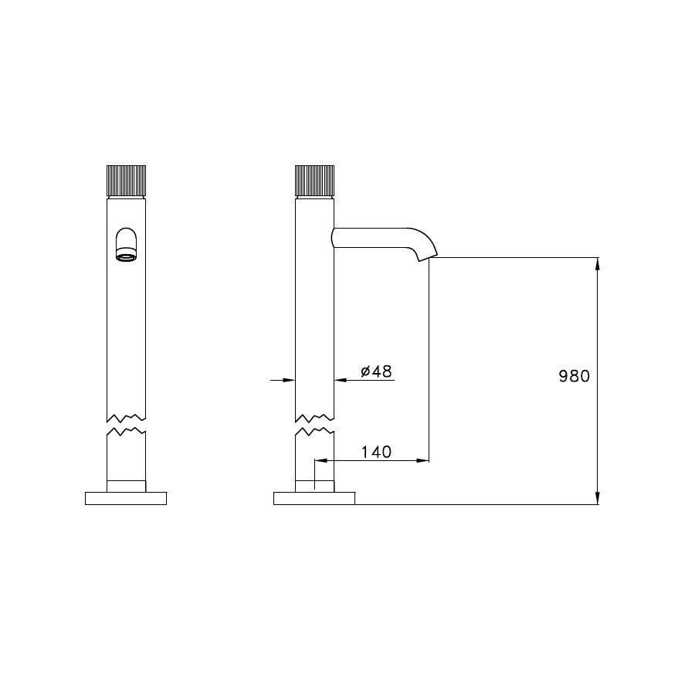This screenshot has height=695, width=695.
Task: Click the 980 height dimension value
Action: [574, 377]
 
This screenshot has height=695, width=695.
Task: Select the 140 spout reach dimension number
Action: [376, 452]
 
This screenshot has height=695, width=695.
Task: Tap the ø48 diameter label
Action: [377, 371]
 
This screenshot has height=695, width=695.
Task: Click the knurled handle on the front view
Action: [125, 181]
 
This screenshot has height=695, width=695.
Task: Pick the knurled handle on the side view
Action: [314, 181]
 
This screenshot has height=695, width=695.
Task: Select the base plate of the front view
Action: [126, 498]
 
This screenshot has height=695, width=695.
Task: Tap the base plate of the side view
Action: [314, 498]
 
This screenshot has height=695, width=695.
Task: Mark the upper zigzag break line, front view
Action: [125, 412]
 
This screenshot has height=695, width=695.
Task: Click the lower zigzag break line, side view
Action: [314, 429]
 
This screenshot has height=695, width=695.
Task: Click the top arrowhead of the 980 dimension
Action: [598, 263]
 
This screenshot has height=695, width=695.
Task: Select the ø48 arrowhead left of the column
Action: [290, 380]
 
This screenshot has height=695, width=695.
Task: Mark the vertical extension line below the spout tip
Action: [429, 355]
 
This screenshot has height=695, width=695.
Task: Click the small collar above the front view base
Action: [125, 485]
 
